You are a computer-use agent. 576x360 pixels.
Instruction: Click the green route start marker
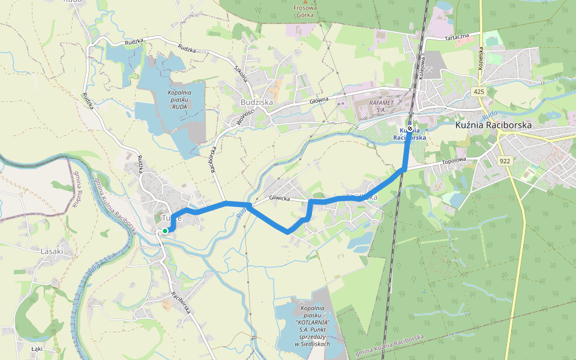(x=165, y=230)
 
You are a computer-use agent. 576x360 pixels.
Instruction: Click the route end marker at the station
(x=410, y=128)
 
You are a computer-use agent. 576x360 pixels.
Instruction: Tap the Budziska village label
(x=256, y=102)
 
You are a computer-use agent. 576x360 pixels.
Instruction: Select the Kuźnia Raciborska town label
(x=493, y=125)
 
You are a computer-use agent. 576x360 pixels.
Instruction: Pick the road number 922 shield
(x=505, y=161)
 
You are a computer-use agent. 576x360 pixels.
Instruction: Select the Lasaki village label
(x=52, y=251)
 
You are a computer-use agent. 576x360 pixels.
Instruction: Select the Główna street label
(x=319, y=101)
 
